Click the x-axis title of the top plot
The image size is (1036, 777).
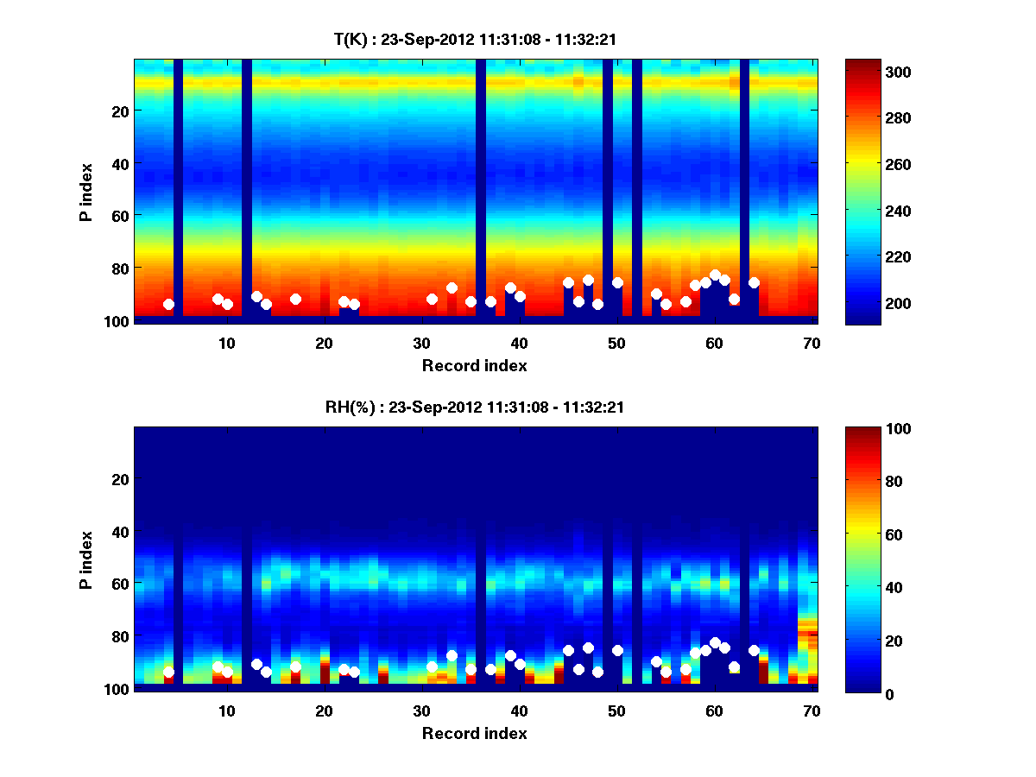click(x=474, y=365)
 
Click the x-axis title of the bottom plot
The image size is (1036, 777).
click(x=474, y=733)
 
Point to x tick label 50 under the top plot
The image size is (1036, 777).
click(x=616, y=343)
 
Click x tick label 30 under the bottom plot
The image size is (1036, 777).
click(x=421, y=711)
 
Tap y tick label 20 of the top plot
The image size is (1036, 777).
click(x=119, y=111)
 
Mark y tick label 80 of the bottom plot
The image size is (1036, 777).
click(x=119, y=636)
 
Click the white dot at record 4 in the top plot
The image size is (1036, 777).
click(x=168, y=304)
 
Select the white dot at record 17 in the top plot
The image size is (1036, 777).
click(x=295, y=299)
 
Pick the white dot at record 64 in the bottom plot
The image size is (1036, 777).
click(x=754, y=650)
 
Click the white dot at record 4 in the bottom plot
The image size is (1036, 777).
click(x=168, y=672)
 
